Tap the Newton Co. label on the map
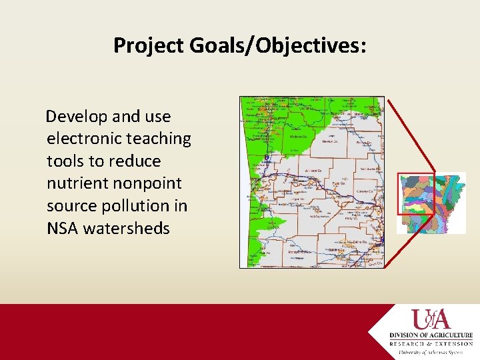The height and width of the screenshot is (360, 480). pos(329,142)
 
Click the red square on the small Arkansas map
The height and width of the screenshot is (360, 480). pos(416,193)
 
